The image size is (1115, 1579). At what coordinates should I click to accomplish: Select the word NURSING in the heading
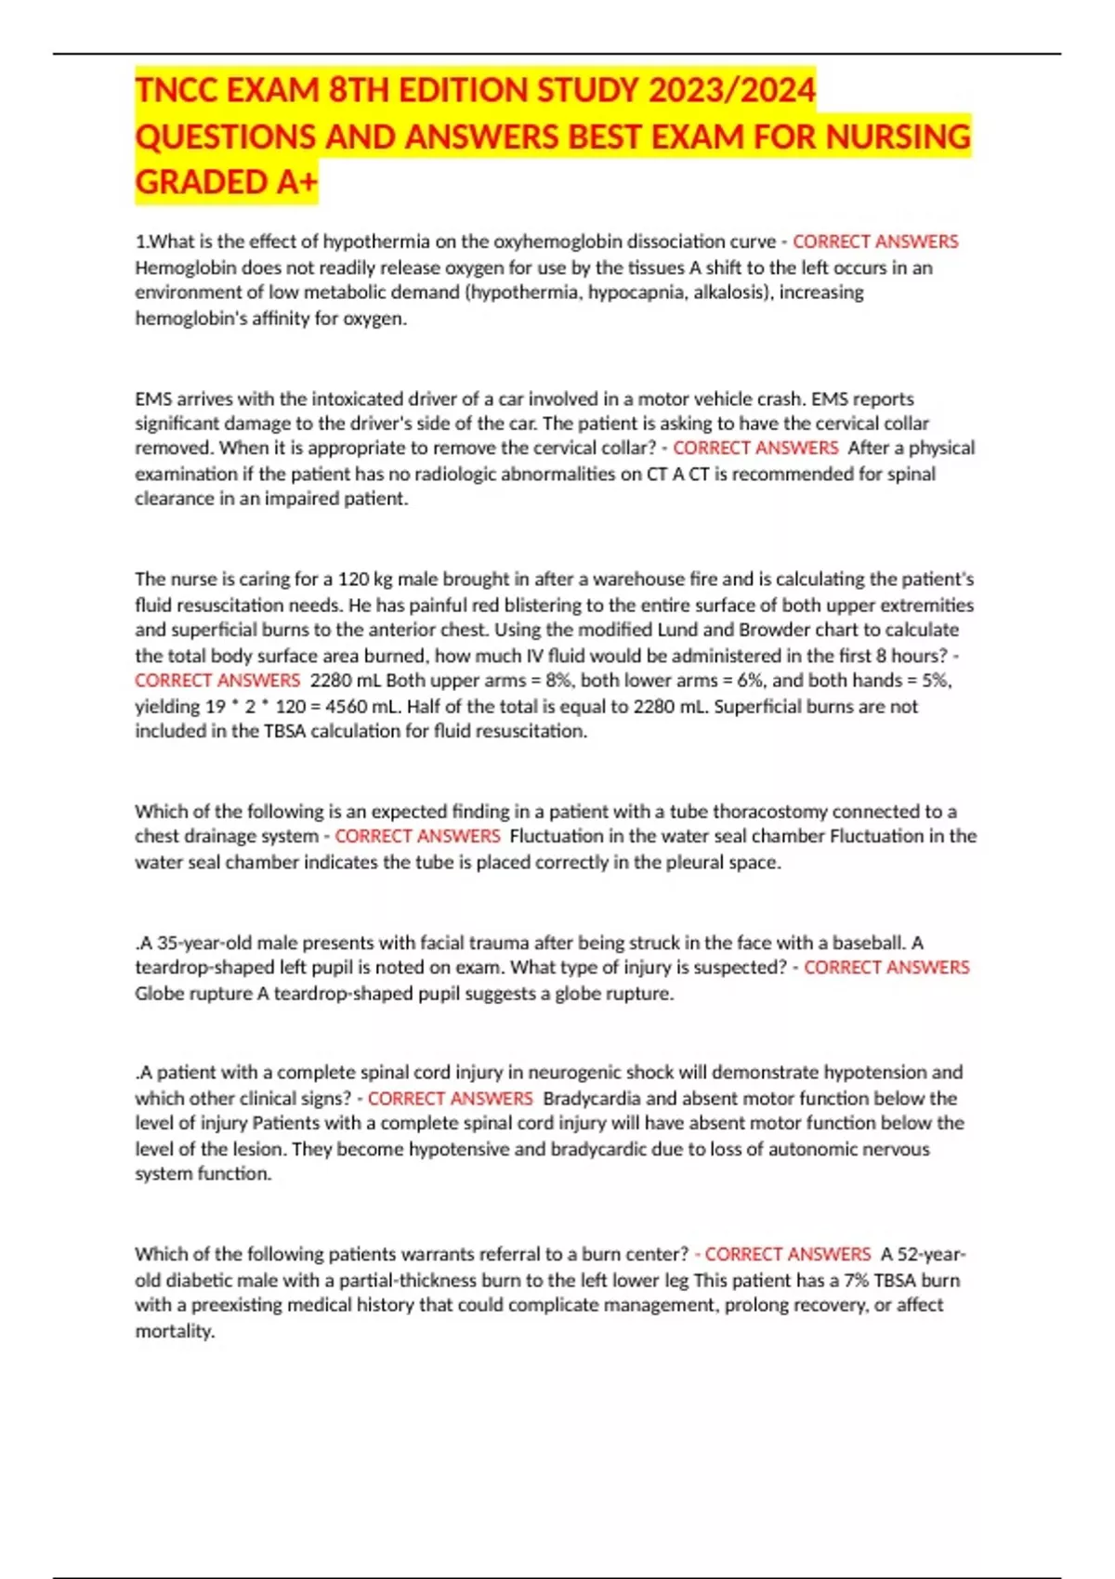tap(898, 137)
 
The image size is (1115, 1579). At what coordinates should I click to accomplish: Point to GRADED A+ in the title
tap(226, 182)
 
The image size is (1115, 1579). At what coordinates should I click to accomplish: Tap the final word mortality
tap(175, 1332)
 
